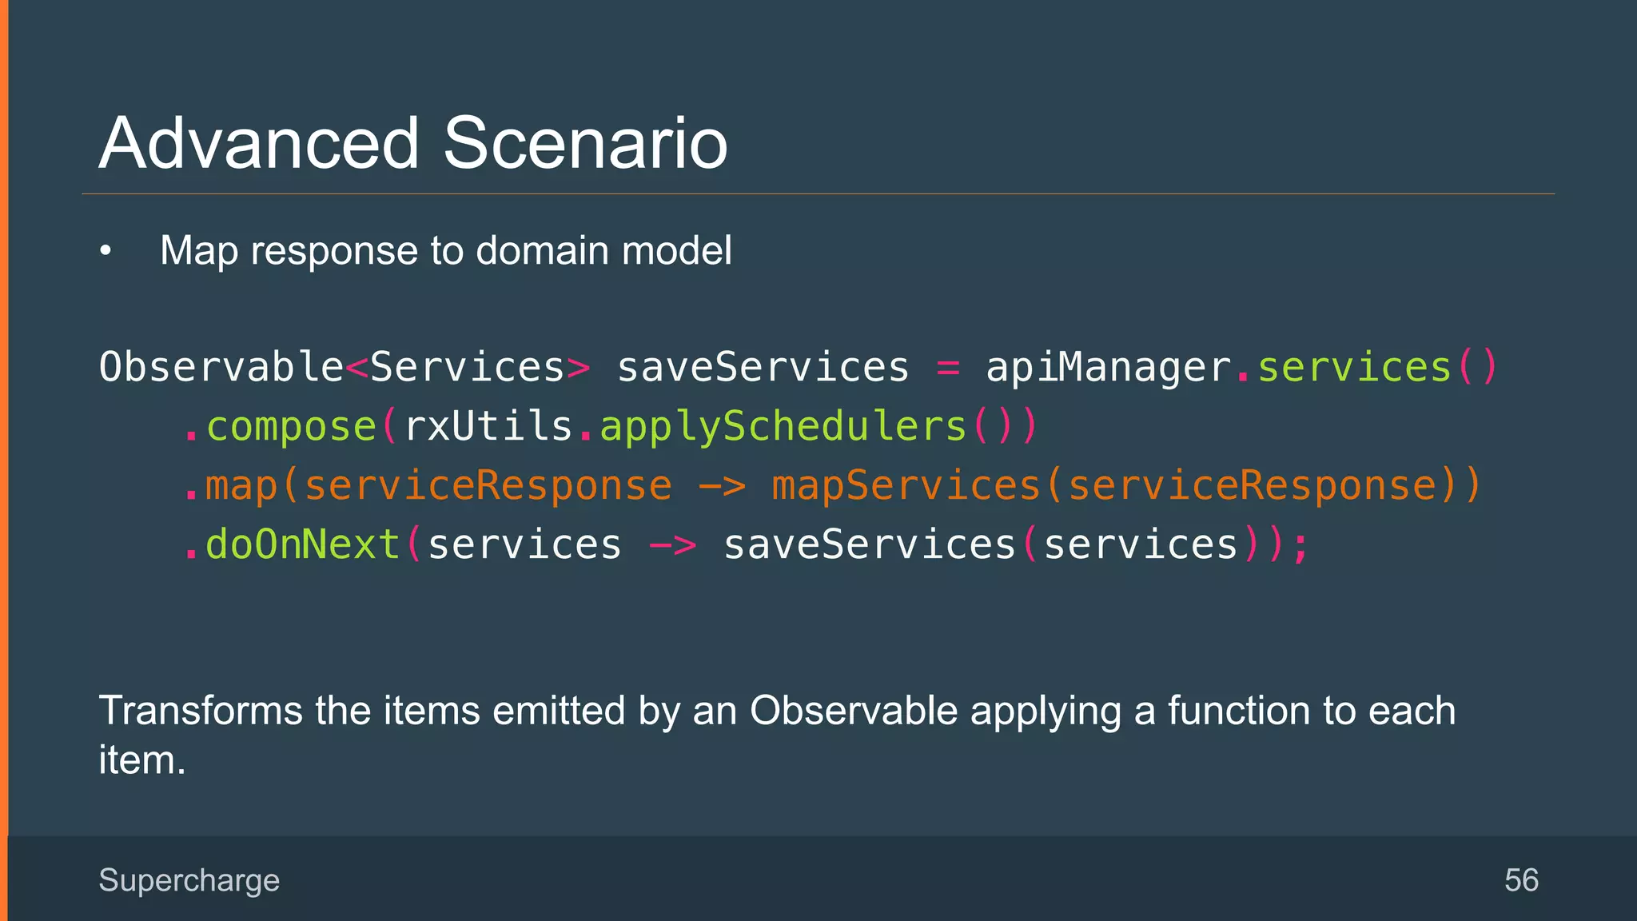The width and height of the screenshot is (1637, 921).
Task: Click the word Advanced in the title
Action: (259, 144)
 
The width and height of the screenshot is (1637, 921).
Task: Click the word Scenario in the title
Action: (585, 144)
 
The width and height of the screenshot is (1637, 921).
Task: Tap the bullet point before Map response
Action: (106, 252)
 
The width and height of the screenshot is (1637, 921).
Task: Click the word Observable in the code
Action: (221, 368)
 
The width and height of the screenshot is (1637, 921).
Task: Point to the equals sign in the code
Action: (947, 369)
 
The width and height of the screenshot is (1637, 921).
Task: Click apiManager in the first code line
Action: (1109, 369)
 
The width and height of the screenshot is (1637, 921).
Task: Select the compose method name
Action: (291, 427)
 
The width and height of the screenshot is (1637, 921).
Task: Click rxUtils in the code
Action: (488, 426)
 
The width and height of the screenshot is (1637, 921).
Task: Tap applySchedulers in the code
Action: (783, 427)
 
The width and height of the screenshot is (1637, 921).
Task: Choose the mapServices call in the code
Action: (905, 486)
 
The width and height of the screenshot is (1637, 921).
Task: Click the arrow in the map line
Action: (722, 486)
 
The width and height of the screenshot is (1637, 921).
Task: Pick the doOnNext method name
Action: (303, 545)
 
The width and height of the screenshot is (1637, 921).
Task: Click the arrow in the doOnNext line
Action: (672, 546)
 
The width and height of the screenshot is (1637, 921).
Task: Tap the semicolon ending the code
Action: (1300, 547)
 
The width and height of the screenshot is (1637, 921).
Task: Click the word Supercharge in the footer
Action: (189, 880)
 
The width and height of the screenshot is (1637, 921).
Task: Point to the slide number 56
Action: (1521, 880)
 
